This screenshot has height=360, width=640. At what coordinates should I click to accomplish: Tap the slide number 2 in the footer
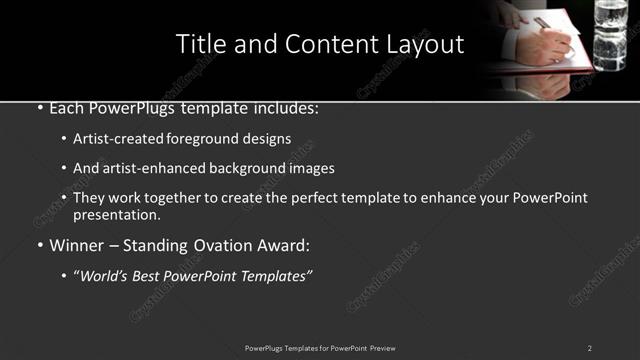coord(589,348)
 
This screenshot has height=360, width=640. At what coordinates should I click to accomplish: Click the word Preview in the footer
coord(381,348)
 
